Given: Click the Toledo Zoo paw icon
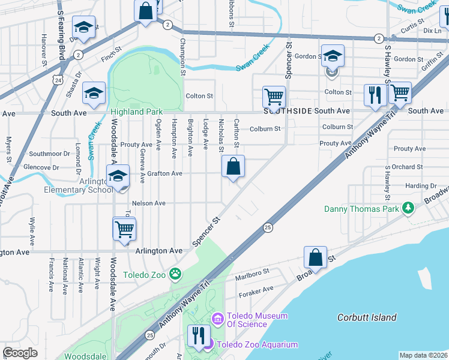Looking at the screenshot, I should [x=175, y=274].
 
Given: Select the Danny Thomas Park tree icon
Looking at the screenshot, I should [x=409, y=208].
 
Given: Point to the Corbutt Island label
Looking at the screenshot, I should [x=367, y=317].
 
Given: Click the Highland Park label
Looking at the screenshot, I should [x=137, y=112].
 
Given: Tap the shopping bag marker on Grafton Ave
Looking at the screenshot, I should [x=233, y=166].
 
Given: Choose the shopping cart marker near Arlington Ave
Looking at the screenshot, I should [x=124, y=229].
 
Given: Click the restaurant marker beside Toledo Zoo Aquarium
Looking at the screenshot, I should [x=199, y=335].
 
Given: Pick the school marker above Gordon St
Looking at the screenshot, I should [x=333, y=56].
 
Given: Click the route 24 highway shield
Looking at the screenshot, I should [x=56, y=79].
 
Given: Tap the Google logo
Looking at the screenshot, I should [x=20, y=353].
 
